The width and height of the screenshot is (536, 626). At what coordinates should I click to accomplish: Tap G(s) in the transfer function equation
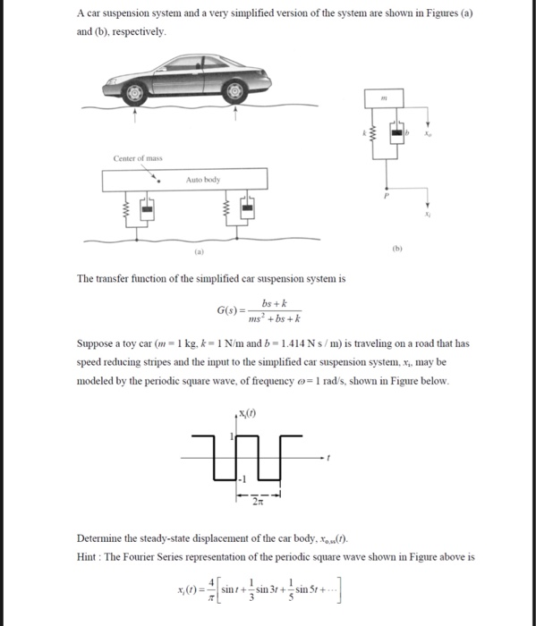(228, 310)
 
